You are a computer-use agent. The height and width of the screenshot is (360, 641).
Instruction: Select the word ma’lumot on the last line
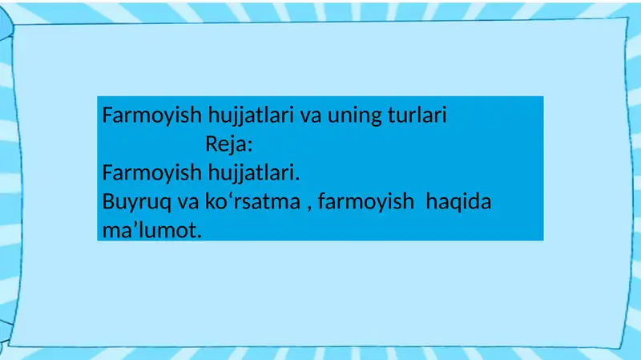click(x=150, y=231)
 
